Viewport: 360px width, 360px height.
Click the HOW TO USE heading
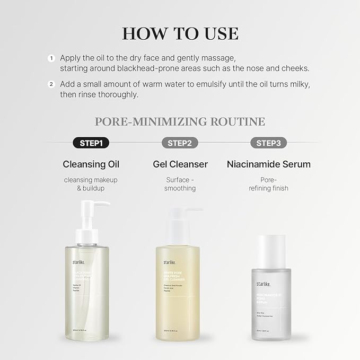coord(180,32)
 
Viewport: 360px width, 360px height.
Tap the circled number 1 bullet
coord(51,58)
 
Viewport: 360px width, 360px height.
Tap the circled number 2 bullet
coord(51,84)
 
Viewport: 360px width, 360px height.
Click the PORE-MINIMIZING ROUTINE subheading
coord(180,121)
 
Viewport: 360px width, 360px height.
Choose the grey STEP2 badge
coord(180,143)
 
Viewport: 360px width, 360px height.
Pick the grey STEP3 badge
coord(268,143)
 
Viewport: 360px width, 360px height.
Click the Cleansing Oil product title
coord(90,164)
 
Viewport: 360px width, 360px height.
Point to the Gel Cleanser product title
coord(180,164)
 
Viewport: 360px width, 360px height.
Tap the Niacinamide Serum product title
coord(268,164)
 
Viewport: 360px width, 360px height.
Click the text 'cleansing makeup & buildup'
coord(90,184)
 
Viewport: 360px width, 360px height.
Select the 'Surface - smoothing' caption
coord(180,184)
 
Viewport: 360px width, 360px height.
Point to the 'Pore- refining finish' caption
coord(268,184)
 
